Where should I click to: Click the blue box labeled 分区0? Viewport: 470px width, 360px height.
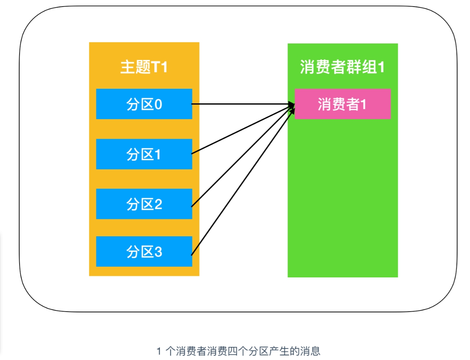pyautogui.click(x=144, y=104)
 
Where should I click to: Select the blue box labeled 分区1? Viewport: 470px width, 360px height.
pyautogui.click(x=144, y=154)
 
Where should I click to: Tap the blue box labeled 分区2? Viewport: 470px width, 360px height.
pyautogui.click(x=144, y=204)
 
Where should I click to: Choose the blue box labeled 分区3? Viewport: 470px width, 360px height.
pyautogui.click(x=144, y=251)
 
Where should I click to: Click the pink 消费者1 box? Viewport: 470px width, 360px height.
pyautogui.click(x=343, y=104)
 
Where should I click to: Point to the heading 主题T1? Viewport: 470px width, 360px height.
pyautogui.click(x=144, y=67)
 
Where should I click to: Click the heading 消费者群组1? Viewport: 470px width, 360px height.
pyautogui.click(x=343, y=67)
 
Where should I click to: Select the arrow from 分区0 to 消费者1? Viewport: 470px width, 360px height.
pyautogui.click(x=243, y=104)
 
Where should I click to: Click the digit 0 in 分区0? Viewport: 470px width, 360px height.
pyautogui.click(x=159, y=104)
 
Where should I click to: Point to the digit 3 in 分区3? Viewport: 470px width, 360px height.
pyautogui.click(x=159, y=252)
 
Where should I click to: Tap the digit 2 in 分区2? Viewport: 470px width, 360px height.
pyautogui.click(x=159, y=204)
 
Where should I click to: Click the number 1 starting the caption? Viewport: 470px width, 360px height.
pyautogui.click(x=159, y=351)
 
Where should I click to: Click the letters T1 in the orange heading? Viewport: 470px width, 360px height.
pyautogui.click(x=159, y=67)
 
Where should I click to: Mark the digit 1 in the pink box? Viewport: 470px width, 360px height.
pyautogui.click(x=363, y=104)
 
